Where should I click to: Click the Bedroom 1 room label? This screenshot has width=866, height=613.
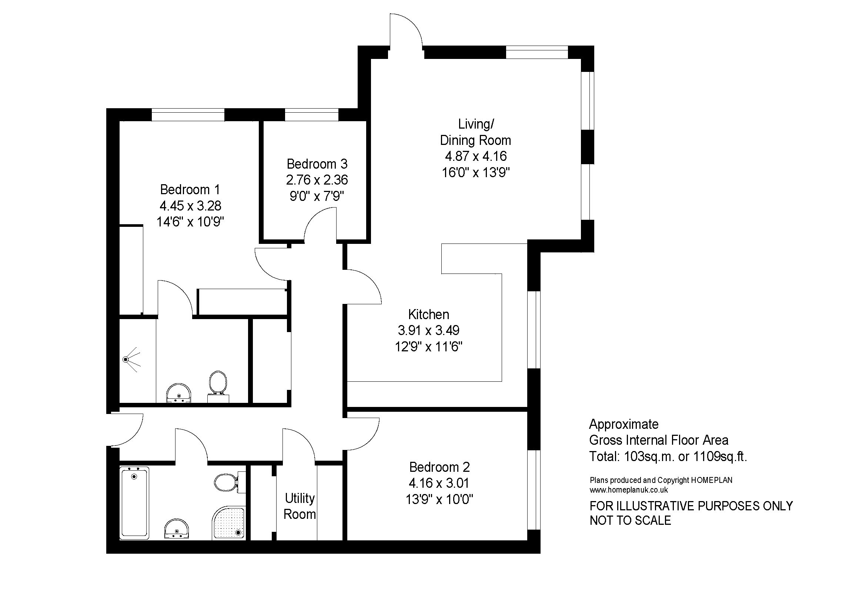[x=190, y=189]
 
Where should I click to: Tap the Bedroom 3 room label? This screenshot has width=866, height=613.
[x=317, y=164]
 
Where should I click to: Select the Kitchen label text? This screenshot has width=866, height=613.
[x=428, y=314]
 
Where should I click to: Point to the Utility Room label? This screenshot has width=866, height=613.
[x=300, y=506]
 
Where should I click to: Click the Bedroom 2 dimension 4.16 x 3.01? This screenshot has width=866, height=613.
[x=439, y=483]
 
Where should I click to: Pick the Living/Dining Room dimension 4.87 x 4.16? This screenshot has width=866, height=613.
[x=476, y=156]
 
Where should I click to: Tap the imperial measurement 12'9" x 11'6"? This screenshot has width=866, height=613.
[x=428, y=347]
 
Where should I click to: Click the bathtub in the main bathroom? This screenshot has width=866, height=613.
[x=134, y=503]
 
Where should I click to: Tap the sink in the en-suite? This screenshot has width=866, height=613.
[x=179, y=393]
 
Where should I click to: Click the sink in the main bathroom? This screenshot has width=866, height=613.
[x=177, y=528]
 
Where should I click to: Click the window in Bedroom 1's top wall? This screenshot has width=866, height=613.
[x=188, y=115]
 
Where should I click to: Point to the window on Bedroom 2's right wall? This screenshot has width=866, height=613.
[x=534, y=490]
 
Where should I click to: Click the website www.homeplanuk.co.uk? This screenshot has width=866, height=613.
[x=629, y=490]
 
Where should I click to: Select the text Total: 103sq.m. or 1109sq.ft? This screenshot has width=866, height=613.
[x=668, y=457]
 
